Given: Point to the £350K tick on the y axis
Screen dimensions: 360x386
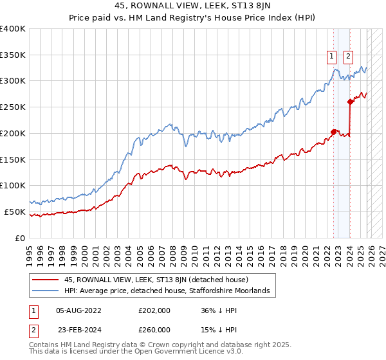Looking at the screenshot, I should point(13,55).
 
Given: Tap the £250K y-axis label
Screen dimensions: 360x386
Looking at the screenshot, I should point(13,107).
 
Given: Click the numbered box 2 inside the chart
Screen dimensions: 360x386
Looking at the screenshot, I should point(348,56).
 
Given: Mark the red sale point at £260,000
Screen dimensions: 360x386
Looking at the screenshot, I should point(350,102).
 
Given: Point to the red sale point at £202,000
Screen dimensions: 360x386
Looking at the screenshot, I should point(334,132).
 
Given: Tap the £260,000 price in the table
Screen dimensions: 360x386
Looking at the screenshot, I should point(154,330).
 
